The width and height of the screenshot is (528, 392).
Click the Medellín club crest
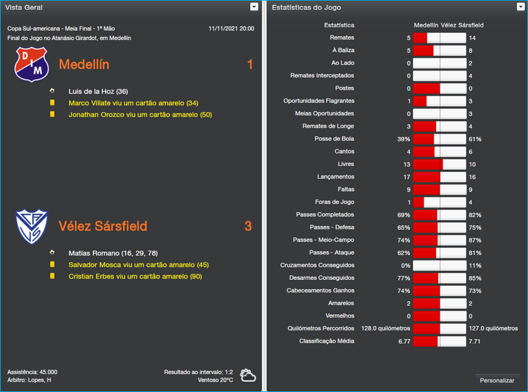(x=32, y=64)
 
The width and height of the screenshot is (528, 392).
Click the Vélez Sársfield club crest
(x=32, y=225)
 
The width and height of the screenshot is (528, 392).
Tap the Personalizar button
(x=497, y=380)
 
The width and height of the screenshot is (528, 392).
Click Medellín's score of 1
(x=249, y=65)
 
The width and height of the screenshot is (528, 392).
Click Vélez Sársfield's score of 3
(x=248, y=226)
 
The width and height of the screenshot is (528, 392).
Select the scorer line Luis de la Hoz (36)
(x=98, y=91)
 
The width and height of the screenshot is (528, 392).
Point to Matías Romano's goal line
(x=113, y=253)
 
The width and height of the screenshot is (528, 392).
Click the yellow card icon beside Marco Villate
(x=52, y=103)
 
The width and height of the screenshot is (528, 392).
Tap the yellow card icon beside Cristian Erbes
(x=52, y=276)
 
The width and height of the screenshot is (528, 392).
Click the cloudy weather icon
(x=248, y=376)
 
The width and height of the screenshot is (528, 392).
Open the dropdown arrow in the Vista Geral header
(x=254, y=7)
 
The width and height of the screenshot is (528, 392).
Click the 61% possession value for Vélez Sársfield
(x=475, y=139)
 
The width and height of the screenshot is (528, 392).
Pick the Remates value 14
(x=472, y=38)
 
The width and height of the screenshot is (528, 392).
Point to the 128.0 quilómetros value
(x=386, y=328)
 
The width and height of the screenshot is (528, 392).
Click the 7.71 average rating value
(x=475, y=341)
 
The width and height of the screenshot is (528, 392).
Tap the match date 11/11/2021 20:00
(x=231, y=28)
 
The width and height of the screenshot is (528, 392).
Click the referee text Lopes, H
(x=39, y=380)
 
